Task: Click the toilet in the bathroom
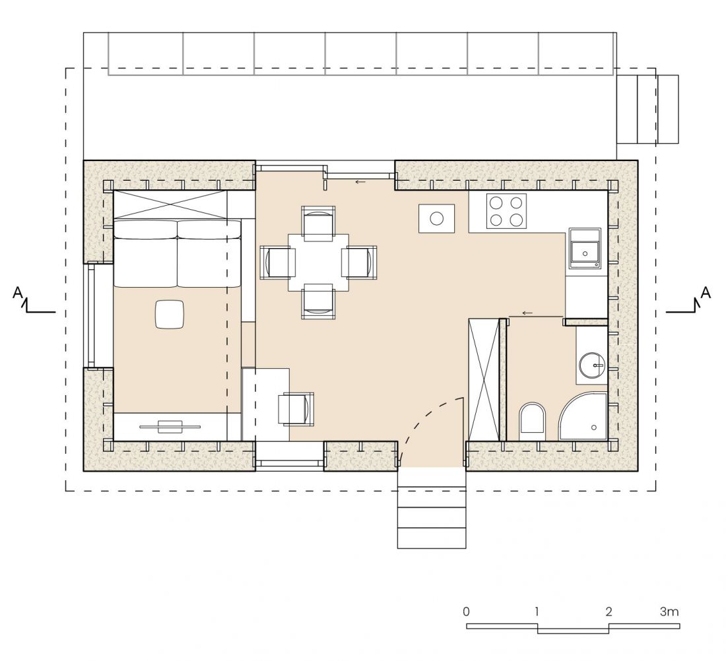point(533,422)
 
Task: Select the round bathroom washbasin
point(592,365)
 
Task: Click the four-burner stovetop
point(506,211)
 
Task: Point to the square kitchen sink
point(585,249)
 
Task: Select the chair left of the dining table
point(278,263)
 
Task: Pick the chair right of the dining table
point(359,263)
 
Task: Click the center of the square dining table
point(318,263)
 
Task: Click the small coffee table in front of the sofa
point(170,314)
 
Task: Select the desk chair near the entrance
point(296,409)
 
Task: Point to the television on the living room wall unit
point(170,426)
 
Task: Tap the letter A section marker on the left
point(18,292)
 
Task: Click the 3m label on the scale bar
point(669,612)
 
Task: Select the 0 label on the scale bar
point(466,612)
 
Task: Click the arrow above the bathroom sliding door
point(527,313)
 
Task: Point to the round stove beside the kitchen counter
point(437,218)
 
